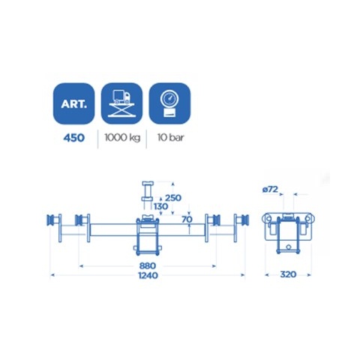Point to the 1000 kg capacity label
[x=121, y=139]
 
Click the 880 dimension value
[x=146, y=265]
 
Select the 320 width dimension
[x=288, y=275]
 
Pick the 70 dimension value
[x=187, y=220]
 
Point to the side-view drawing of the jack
[x=288, y=229]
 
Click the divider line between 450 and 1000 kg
[x=98, y=139]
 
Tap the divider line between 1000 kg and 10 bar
[x=145, y=139]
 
